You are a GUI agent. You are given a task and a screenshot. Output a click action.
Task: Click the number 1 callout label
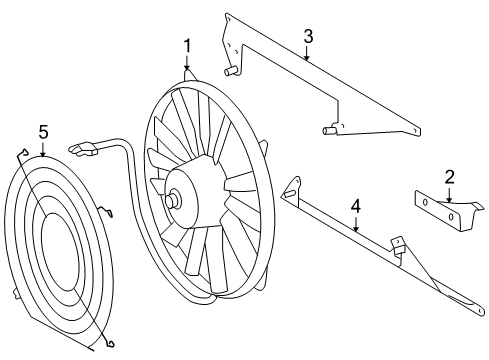click(x=186, y=45)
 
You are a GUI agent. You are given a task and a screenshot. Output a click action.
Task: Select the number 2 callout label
click(x=450, y=177)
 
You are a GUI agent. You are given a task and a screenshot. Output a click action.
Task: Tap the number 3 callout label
click(x=308, y=36)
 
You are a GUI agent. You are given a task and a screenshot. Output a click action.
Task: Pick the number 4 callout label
click(x=355, y=207)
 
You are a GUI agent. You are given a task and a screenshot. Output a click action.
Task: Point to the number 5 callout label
click(x=43, y=131)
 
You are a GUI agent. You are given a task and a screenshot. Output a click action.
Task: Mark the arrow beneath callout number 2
click(x=450, y=195)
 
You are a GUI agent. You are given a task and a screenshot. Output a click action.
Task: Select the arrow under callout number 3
click(x=308, y=55)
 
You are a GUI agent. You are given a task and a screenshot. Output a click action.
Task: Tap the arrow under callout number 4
click(x=355, y=226)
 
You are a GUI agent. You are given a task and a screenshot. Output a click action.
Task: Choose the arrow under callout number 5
click(x=43, y=150)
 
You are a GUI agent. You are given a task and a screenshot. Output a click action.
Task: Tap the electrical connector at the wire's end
click(x=83, y=149)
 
